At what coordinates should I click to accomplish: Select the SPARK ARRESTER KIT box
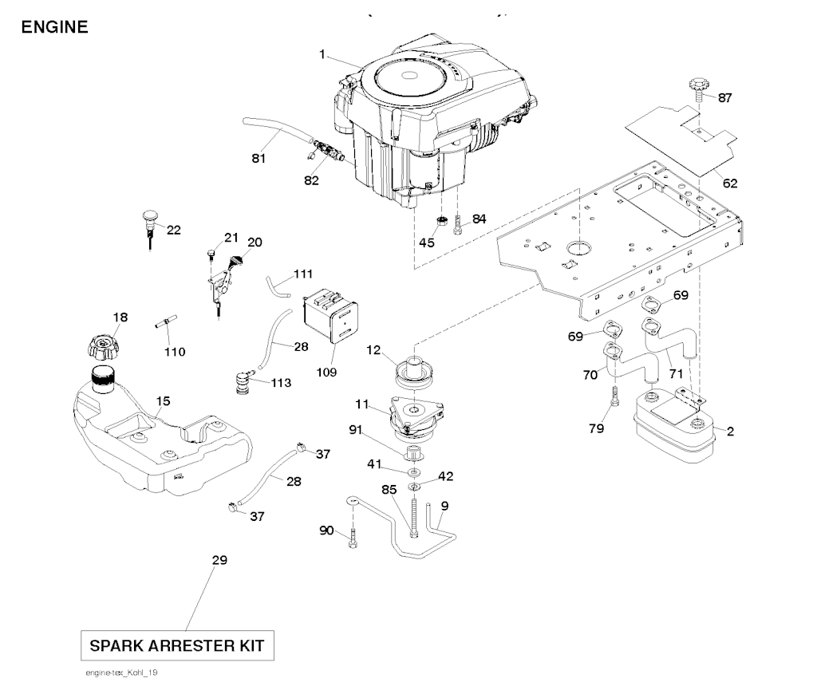[x=178, y=644]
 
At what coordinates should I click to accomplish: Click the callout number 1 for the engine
[x=322, y=54]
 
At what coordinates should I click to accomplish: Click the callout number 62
[x=730, y=183]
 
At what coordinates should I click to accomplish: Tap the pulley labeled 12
[x=415, y=372]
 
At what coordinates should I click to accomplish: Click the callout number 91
[x=355, y=430]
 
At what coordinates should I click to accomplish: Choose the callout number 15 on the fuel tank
[x=163, y=401]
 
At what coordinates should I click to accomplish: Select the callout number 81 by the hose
[x=258, y=158]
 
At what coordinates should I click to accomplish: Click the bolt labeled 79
[x=614, y=396]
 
